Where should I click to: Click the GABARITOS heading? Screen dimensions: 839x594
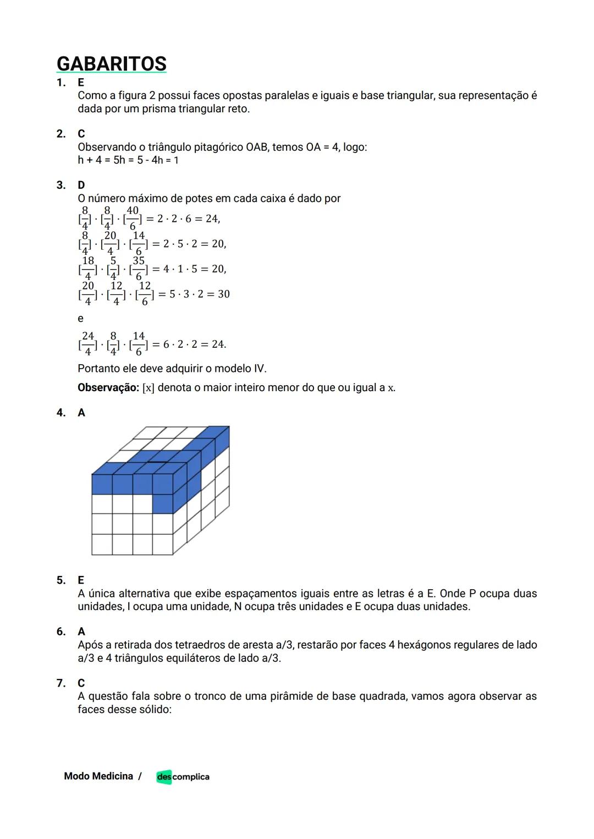coord(112,64)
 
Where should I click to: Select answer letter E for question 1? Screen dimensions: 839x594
coord(81,83)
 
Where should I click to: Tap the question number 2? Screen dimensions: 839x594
coord(61,134)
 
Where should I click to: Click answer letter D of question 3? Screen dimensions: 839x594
coord(81,185)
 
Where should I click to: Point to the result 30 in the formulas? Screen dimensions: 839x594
coord(223,294)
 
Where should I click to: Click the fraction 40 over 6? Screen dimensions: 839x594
coord(133,218)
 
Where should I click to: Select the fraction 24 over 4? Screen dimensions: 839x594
coord(88,344)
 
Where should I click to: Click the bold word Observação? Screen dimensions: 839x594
coord(108,388)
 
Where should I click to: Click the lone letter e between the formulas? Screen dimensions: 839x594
coord(80,319)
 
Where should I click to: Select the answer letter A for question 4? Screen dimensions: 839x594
coord(81,413)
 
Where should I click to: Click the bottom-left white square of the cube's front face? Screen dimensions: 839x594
coord(102,544)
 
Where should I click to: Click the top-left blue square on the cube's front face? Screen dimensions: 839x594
coord(102,484)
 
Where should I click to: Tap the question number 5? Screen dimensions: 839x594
coord(61,580)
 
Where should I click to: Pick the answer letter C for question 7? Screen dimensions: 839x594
coord(81,683)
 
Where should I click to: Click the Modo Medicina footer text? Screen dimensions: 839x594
coord(98,776)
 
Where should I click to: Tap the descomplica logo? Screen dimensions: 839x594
coord(183,777)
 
